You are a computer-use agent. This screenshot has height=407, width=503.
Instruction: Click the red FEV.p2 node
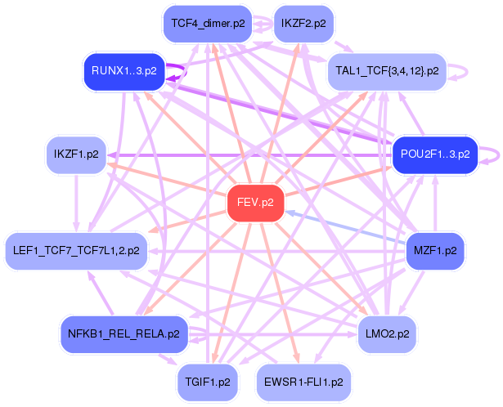pyautogui.click(x=255, y=202)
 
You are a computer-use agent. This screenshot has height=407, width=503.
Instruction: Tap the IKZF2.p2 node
pyautogui.click(x=303, y=24)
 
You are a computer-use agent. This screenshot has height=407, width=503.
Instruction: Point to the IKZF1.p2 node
pyautogui.click(x=77, y=154)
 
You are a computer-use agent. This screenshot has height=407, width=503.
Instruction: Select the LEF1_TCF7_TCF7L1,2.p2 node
pyautogui.click(x=76, y=250)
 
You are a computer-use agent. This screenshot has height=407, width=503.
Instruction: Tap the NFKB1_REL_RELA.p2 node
pyautogui.click(x=124, y=333)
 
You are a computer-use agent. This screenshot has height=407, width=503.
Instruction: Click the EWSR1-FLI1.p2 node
pyautogui.click(x=303, y=381)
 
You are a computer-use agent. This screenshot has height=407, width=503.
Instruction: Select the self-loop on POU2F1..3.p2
pyautogui.click(x=492, y=154)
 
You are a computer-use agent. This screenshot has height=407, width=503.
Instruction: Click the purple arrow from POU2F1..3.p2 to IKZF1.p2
pyautogui.click(x=245, y=154)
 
